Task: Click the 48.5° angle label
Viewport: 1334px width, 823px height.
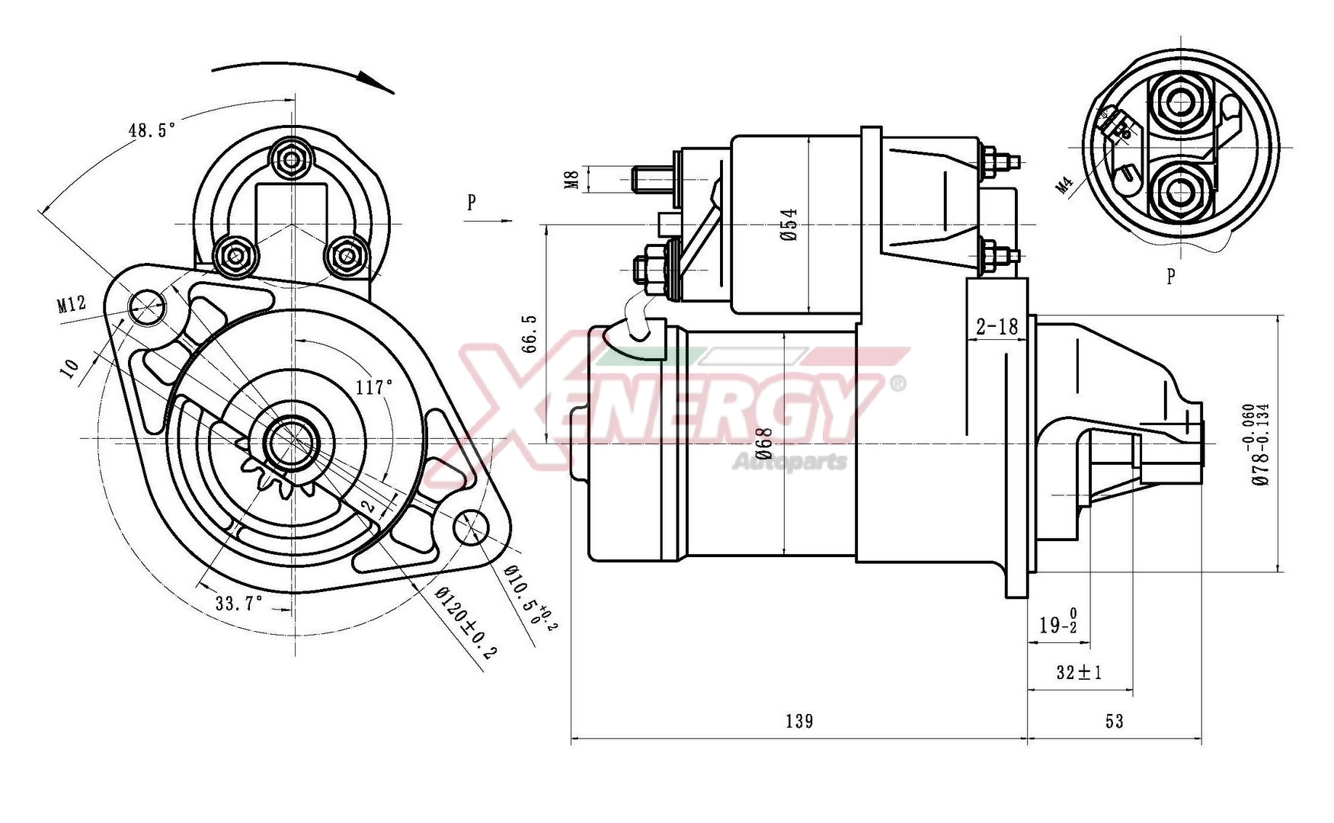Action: pos(152,130)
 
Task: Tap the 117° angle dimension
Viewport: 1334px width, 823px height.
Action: pos(374,387)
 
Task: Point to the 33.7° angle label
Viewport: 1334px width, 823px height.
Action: pos(238,604)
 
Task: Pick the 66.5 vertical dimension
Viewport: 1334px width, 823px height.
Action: pos(529,333)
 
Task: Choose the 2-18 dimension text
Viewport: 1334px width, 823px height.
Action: pos(997,327)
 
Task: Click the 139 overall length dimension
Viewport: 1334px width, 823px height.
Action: pos(798,721)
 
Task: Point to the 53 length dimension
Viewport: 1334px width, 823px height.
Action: pos(1114,721)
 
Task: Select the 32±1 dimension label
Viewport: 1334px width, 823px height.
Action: pos(1079,672)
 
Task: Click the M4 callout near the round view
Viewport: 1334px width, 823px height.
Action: pos(1065,185)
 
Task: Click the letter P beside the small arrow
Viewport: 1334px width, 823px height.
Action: pos(472,202)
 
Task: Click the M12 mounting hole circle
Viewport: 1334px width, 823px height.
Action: pos(146,307)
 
